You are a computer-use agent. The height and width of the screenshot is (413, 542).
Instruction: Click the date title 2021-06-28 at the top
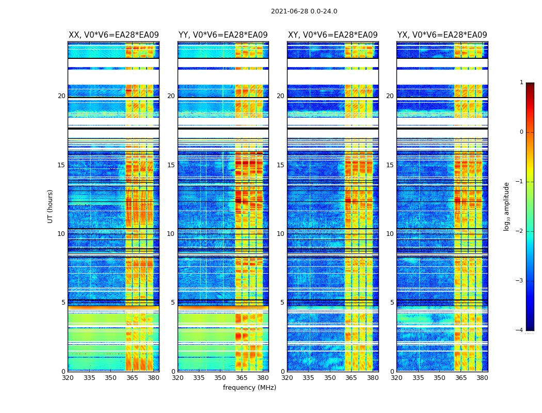pyautogui.click(x=304, y=11)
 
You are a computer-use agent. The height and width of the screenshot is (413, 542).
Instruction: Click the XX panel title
pyautogui.click(x=114, y=35)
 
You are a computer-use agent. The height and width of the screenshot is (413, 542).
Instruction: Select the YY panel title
pyautogui.click(x=223, y=35)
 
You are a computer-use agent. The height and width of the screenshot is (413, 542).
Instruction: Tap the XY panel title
pyautogui.click(x=332, y=35)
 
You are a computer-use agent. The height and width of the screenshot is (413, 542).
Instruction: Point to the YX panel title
pyautogui.click(x=442, y=35)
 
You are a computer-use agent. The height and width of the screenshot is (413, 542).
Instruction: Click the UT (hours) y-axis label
pyautogui.click(x=51, y=206)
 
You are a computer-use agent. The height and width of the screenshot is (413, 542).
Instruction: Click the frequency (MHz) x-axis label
pyautogui.click(x=249, y=388)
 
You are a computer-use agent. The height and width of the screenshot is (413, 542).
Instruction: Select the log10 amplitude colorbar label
pyautogui.click(x=507, y=206)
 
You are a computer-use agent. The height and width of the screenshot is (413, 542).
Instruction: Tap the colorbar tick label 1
pyautogui.click(x=521, y=83)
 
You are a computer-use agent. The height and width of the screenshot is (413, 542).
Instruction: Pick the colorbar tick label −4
pyautogui.click(x=520, y=330)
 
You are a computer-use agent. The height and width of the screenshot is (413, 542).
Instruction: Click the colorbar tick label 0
pyautogui.click(x=521, y=132)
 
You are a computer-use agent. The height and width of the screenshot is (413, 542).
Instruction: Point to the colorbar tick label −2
pyautogui.click(x=520, y=231)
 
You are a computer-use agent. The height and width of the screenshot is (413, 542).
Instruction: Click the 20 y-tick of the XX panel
pyautogui.click(x=61, y=96)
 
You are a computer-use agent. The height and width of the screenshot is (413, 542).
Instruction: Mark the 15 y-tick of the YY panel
pyautogui.click(x=171, y=165)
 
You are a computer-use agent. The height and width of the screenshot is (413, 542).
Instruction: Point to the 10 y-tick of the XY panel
pyautogui.click(x=280, y=234)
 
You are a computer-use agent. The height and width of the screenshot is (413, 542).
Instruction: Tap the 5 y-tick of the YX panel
pyautogui.click(x=392, y=303)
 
